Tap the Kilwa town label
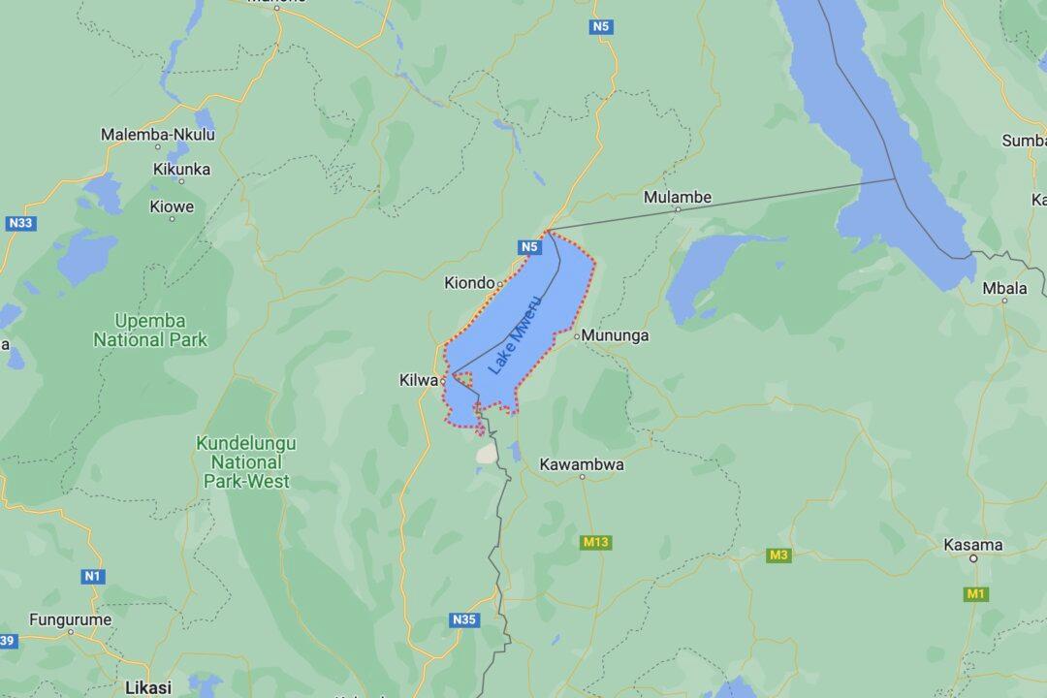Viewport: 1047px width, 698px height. pos(419,380)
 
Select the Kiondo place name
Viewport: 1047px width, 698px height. pos(469,283)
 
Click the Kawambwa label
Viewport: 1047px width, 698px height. pos(582,464)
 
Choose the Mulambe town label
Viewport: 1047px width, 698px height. pos(678,197)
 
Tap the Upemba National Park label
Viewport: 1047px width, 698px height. pos(149,330)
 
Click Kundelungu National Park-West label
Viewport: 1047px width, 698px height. pos(246,461)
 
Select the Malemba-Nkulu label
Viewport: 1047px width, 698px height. pos(158,135)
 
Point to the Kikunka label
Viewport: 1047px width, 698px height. pos(181,169)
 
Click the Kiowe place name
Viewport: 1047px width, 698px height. pos(172,206)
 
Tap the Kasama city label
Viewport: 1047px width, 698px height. pos(972,545)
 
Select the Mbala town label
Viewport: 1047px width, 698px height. pos(1004,287)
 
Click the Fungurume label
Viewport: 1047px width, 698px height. pos(71,619)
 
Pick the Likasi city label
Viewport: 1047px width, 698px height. pos(148,686)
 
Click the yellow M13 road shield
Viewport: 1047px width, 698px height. pos(596,542)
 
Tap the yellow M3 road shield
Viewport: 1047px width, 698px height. pos(778,555)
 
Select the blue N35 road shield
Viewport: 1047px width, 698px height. pos(464,619)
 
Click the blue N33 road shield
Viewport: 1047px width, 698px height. pos(19,223)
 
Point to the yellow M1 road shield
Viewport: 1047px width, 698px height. pos(975,593)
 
